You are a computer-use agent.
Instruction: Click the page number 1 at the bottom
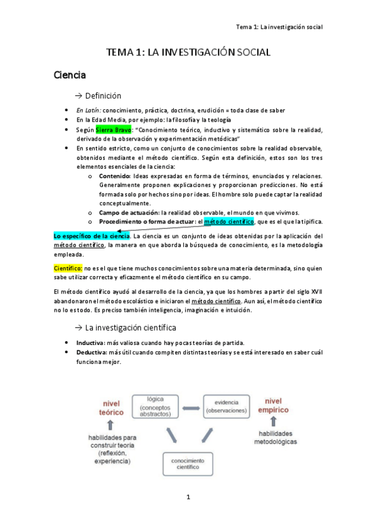pyautogui.click(x=188, y=497)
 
